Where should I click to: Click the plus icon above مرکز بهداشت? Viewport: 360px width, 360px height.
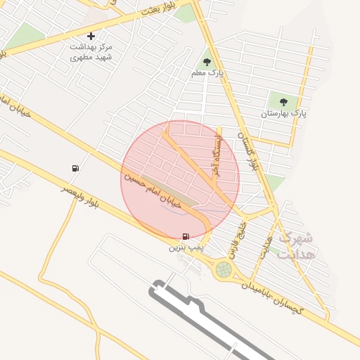coord(91,36)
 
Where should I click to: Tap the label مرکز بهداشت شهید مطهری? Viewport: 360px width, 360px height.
coord(91,51)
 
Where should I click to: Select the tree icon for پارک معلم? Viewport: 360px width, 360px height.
coord(207,62)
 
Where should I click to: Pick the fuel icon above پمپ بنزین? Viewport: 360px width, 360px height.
coord(185,236)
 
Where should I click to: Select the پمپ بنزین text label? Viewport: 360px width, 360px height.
coord(185,247)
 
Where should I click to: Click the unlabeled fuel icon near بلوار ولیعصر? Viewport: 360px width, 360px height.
coord(75,167)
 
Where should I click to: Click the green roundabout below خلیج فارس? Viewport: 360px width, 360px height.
coord(224,269)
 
